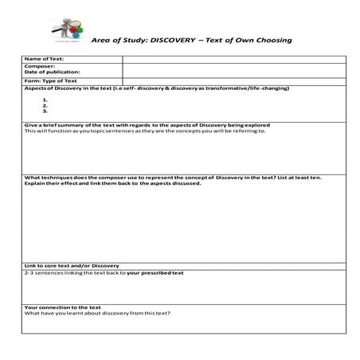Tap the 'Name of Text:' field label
point(44,59)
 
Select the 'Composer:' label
point(37,66)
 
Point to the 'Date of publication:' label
point(53,72)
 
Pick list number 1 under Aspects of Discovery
point(45,99)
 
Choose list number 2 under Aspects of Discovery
point(45,105)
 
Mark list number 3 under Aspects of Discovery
point(45,112)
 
